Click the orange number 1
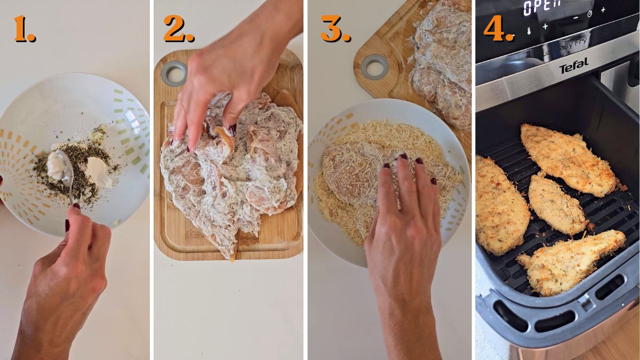pos(24,29)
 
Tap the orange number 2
pos(178,29)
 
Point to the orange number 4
pos(498,29)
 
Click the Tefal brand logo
pos(573,66)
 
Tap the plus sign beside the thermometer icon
pos(545,26)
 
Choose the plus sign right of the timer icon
pos(603,10)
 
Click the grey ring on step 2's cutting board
pos(174,73)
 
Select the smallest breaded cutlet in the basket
pos(556,205)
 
